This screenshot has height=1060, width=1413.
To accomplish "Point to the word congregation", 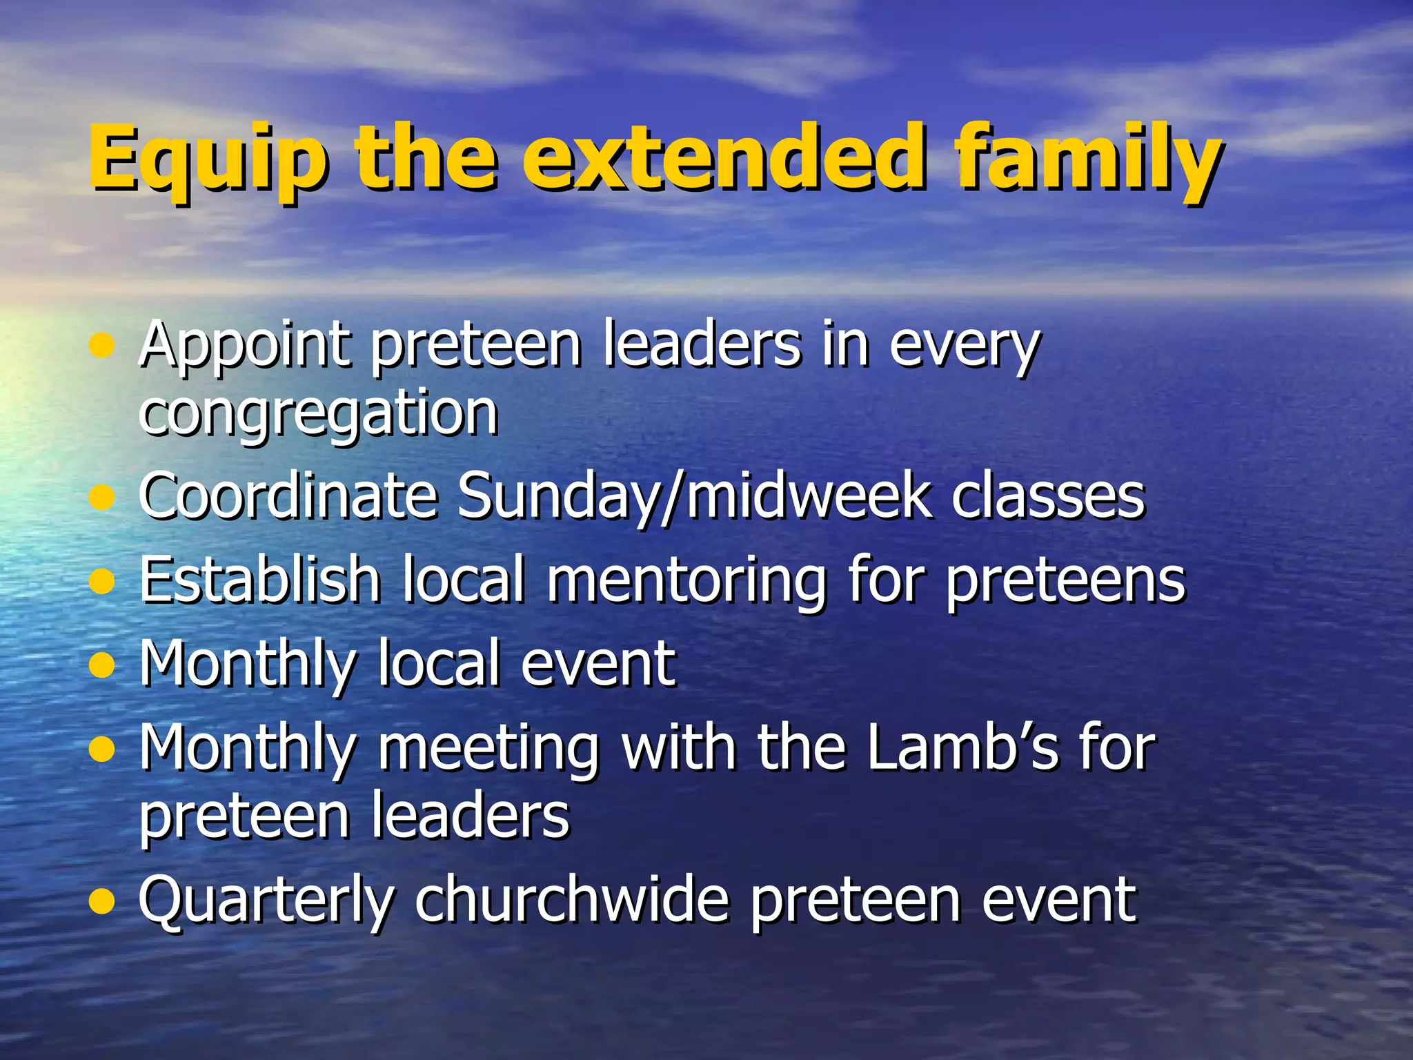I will click(x=318, y=414).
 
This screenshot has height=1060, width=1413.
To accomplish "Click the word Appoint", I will click(x=244, y=346).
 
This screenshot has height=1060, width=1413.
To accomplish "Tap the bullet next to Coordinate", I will click(x=102, y=498).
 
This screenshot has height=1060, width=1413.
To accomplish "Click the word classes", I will click(x=1048, y=497).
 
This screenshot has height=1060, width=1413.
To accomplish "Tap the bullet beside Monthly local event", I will click(x=102, y=665).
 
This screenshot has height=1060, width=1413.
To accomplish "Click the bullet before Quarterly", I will click(x=102, y=901).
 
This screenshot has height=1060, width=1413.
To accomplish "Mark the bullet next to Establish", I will click(x=102, y=581).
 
